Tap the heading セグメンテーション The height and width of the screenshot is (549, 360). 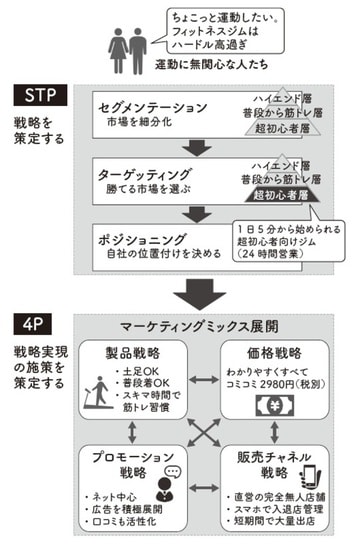coord(156,105)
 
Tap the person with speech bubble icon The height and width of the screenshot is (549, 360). coord(164,484)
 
